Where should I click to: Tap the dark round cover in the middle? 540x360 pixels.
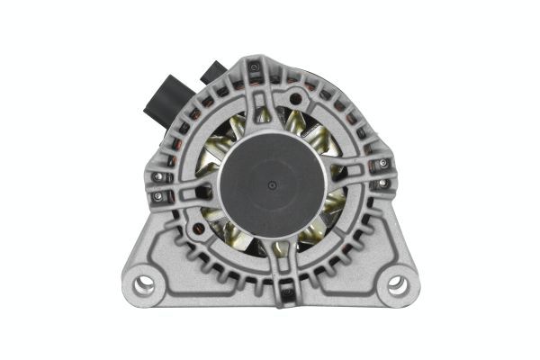[271, 193]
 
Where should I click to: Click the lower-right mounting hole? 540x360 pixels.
[397, 288]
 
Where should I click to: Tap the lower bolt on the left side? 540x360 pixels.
[161, 195]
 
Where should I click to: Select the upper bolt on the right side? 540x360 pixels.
[383, 163]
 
